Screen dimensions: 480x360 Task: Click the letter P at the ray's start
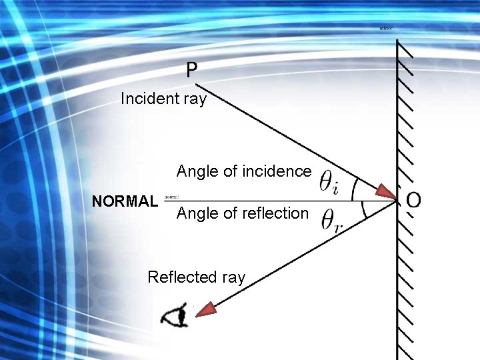(x=192, y=69)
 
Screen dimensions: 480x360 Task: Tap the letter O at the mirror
(x=413, y=200)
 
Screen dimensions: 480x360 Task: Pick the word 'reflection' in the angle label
(x=274, y=213)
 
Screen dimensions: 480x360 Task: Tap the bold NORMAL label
(x=125, y=201)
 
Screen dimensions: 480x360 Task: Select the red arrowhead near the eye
(x=207, y=308)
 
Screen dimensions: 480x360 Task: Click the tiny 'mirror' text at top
(x=386, y=29)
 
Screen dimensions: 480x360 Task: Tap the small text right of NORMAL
(x=171, y=197)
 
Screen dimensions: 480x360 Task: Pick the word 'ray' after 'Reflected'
(x=233, y=277)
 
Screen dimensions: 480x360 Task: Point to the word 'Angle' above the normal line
(x=197, y=171)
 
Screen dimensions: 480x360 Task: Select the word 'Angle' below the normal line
(x=197, y=213)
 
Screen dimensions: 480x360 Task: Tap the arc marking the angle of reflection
(x=363, y=210)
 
